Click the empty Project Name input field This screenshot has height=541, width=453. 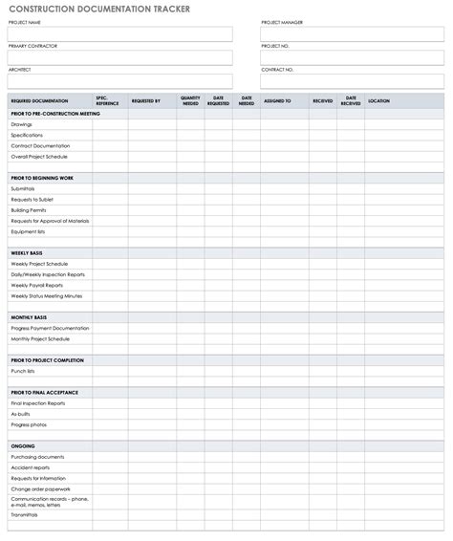click(120, 34)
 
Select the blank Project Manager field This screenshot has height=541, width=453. click(352, 34)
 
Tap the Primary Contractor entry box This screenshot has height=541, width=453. click(120, 57)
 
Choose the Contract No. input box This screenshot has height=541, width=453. click(352, 81)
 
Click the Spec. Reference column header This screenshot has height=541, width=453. click(108, 100)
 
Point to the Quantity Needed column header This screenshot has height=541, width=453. click(190, 100)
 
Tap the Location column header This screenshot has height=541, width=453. click(378, 100)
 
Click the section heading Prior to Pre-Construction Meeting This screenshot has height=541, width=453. click(55, 114)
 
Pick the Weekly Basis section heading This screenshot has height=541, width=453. click(27, 252)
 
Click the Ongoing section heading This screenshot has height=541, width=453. click(23, 446)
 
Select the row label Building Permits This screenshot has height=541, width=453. click(29, 210)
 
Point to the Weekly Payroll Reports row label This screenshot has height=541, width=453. click(37, 285)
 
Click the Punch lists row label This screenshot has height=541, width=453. click(23, 371)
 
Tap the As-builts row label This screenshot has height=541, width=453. click(22, 414)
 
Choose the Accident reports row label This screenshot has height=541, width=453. click(31, 467)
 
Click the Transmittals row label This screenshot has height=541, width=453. click(25, 514)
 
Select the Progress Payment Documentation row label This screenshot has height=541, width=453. click(50, 328)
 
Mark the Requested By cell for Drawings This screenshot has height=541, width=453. click(145, 124)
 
